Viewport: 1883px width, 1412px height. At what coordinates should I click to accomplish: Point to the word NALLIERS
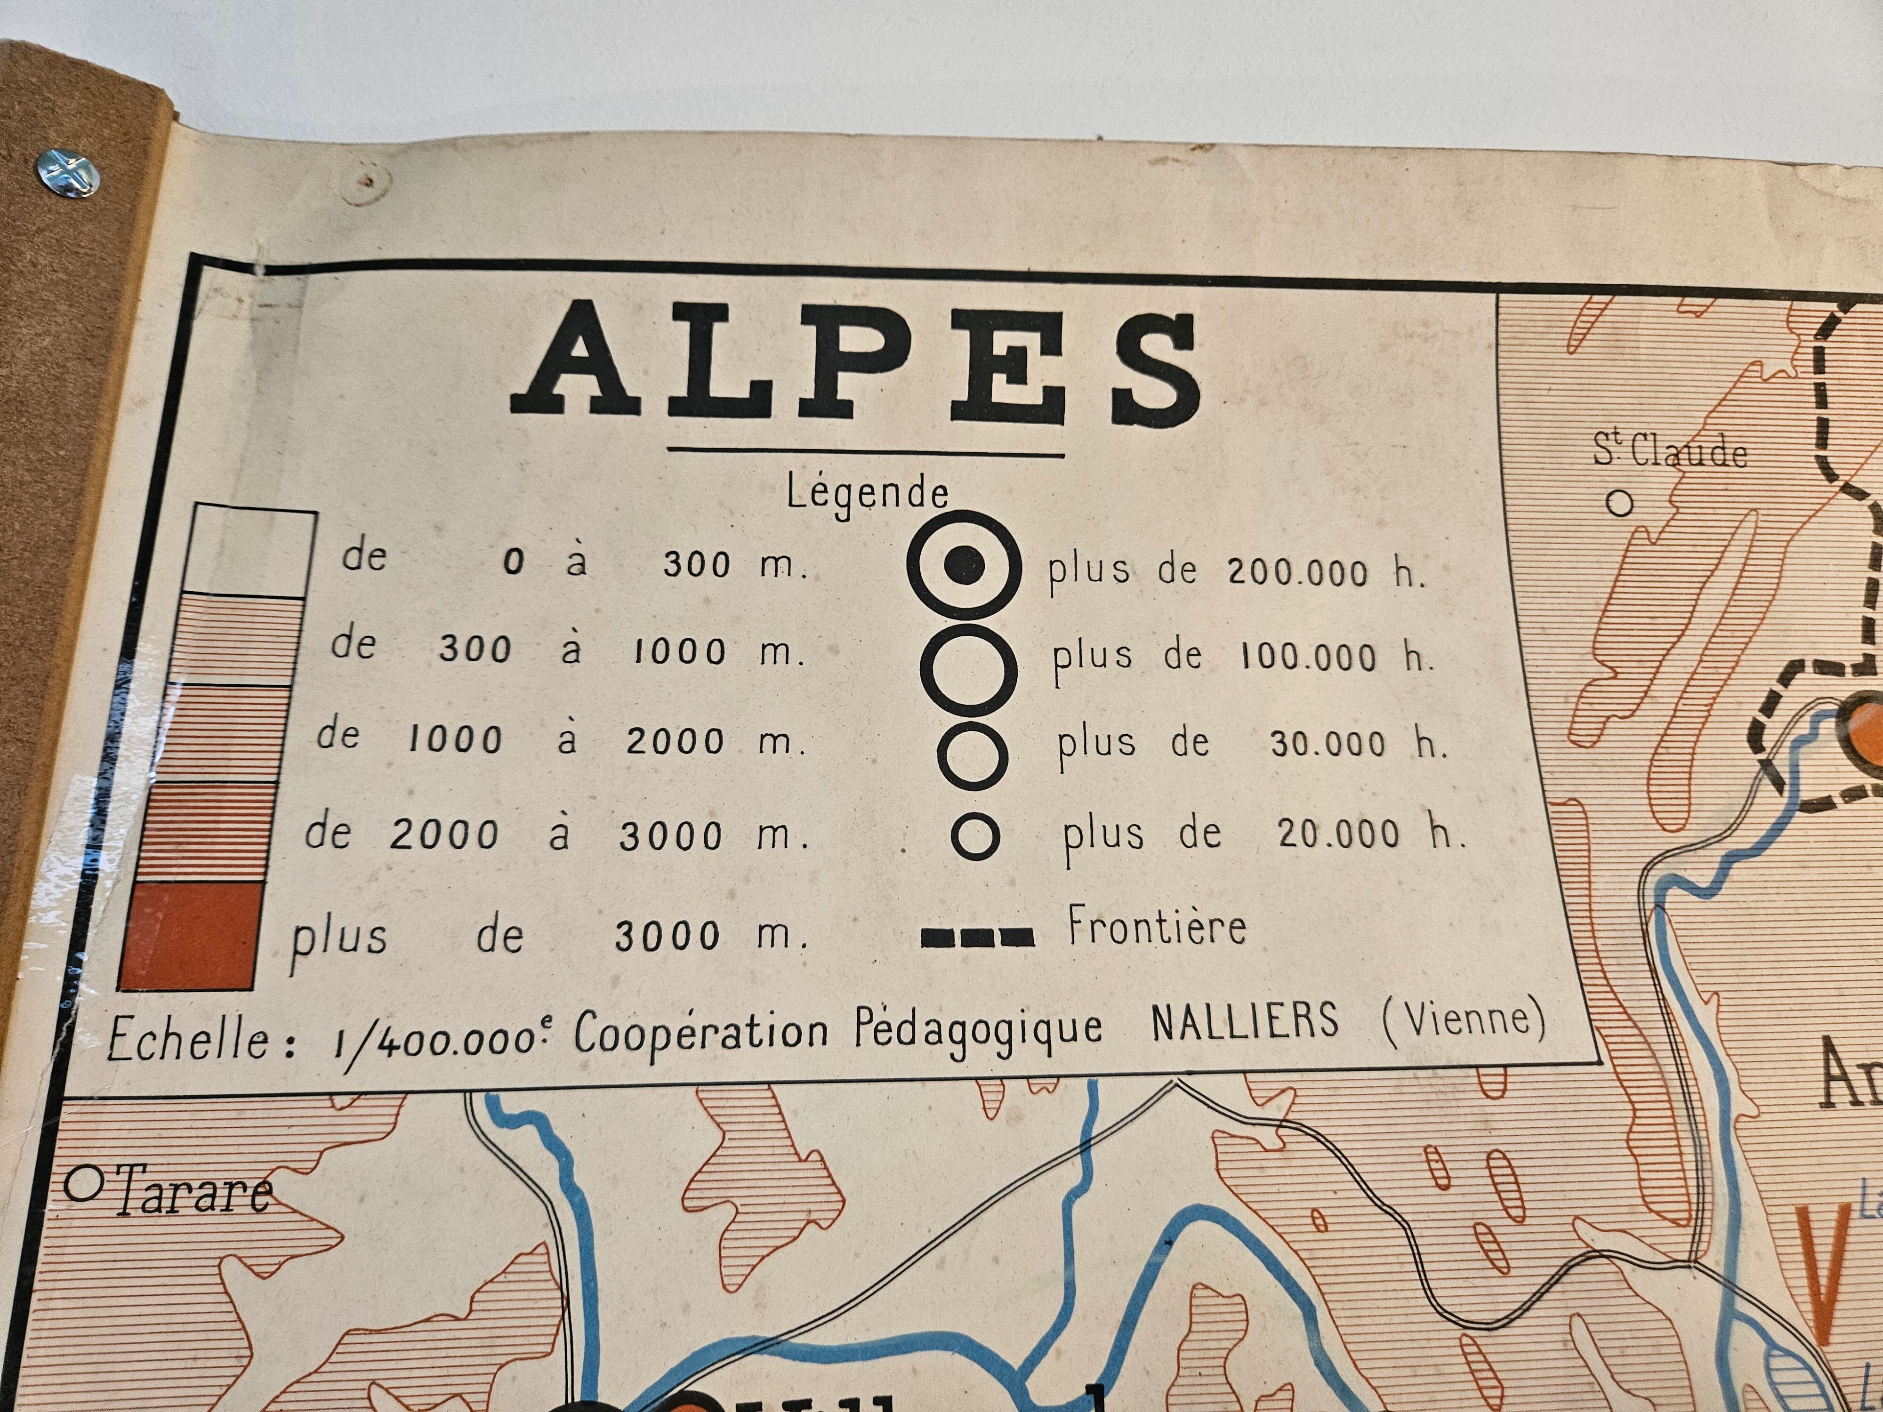pos(1245,1021)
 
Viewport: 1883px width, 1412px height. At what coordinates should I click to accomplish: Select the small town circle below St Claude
pos(1620,504)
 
